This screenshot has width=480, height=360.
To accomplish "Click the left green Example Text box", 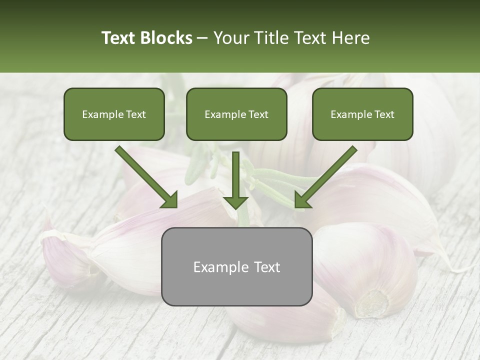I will (114, 114).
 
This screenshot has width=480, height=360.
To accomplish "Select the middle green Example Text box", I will (236, 114).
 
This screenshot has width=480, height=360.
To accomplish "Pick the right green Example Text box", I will (362, 114).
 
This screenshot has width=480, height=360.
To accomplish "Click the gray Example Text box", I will (236, 266).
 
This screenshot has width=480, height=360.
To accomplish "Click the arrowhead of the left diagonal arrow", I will (169, 199).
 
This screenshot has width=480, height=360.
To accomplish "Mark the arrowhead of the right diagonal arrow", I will (303, 199).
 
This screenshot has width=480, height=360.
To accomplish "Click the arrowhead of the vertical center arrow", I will (235, 201).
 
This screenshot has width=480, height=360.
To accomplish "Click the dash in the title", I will (202, 38).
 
